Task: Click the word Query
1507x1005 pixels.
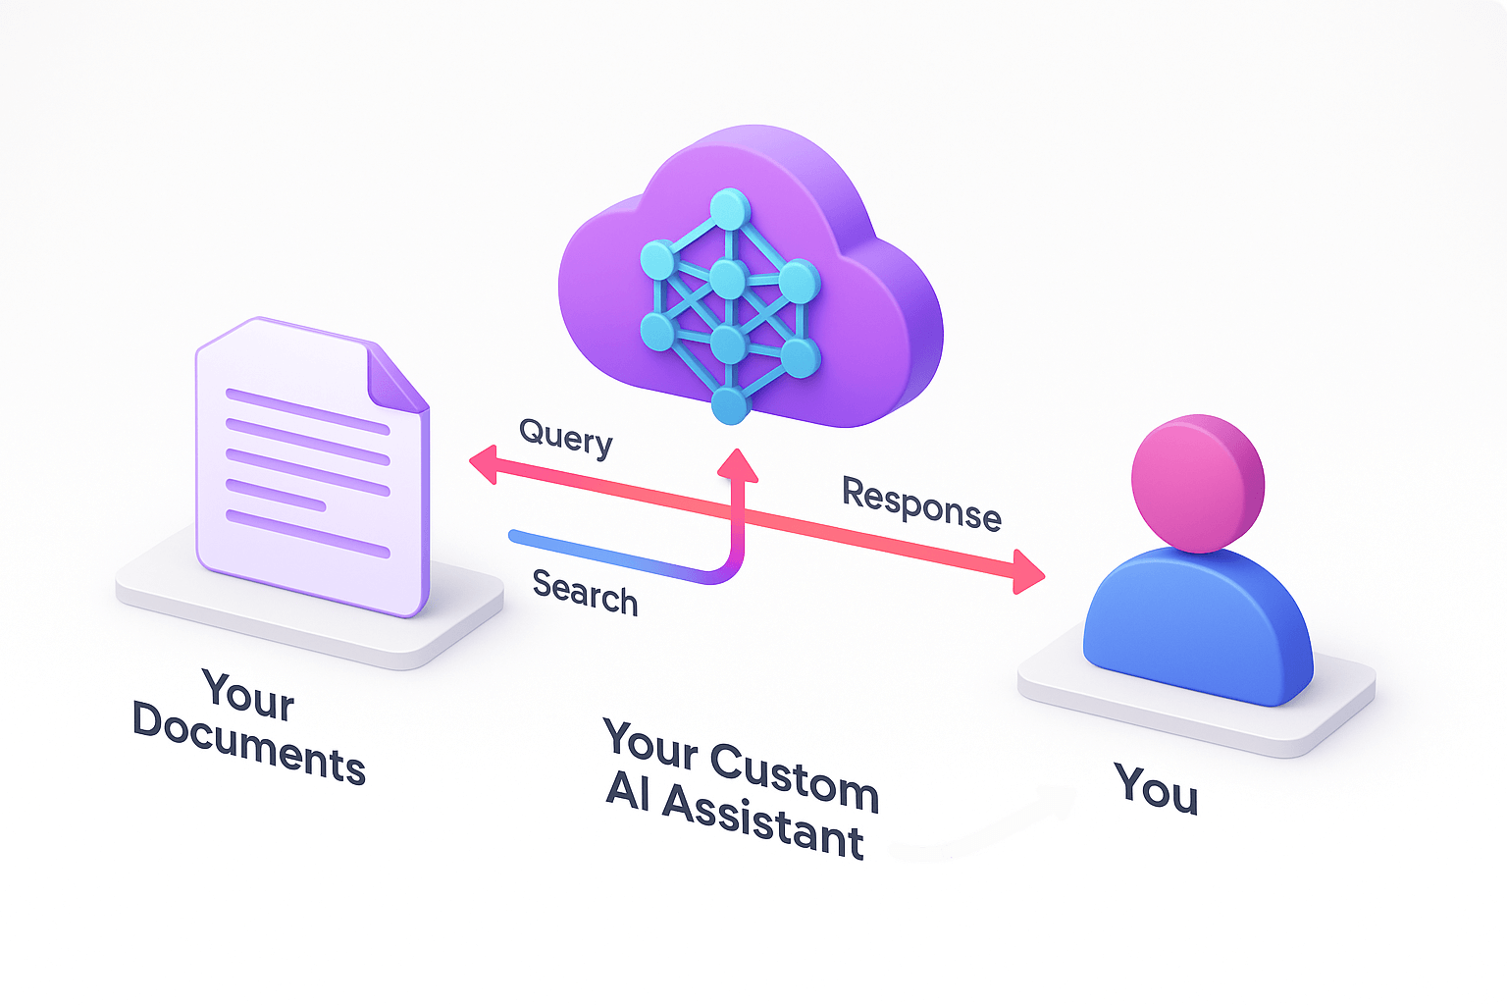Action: click(x=566, y=438)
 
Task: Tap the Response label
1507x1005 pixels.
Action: click(x=921, y=503)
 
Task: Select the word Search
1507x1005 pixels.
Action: click(x=585, y=592)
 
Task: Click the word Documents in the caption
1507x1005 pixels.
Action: click(x=248, y=745)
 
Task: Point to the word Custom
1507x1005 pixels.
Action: click(x=794, y=776)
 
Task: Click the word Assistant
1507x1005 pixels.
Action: click(x=762, y=822)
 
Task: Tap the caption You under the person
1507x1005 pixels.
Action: click(x=1156, y=788)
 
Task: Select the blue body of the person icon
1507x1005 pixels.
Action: click(x=1197, y=628)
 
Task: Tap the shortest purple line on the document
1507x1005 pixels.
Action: click(x=276, y=496)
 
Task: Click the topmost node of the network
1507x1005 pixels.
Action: click(x=729, y=209)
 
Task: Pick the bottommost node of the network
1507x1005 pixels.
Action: click(x=729, y=404)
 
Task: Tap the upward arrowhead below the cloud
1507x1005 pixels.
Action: click(x=737, y=464)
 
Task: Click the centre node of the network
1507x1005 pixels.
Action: click(x=728, y=280)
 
